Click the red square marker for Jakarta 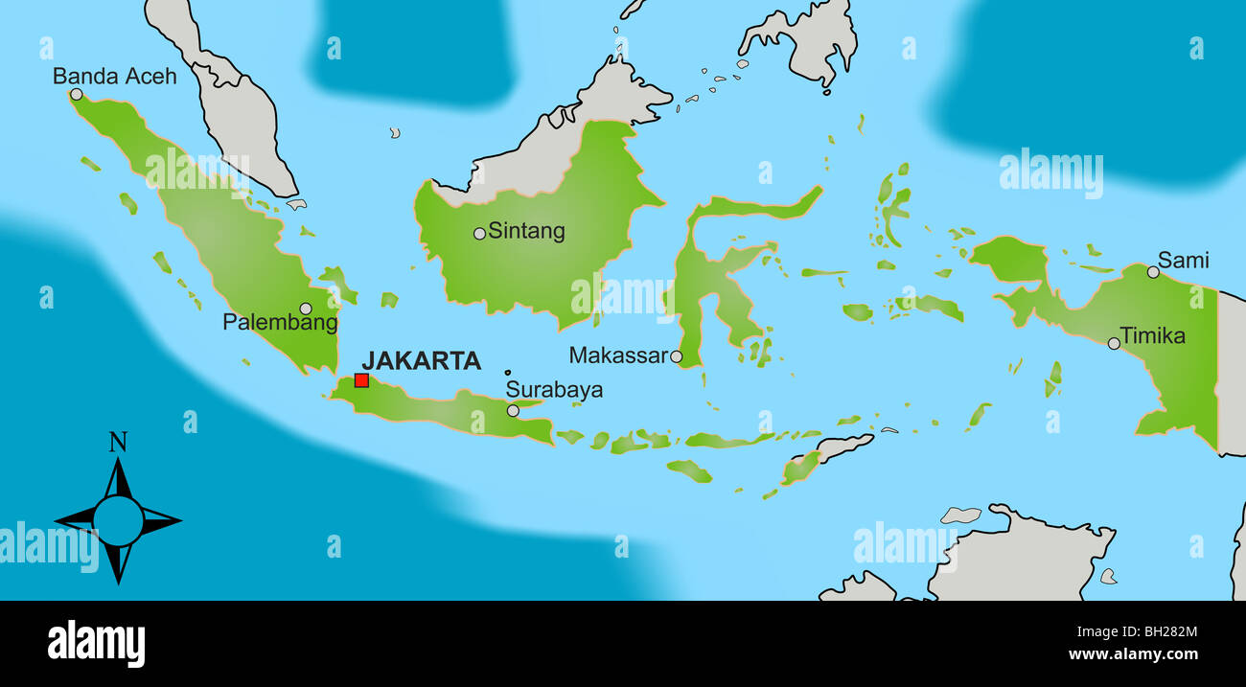pos(361,380)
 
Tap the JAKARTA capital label pos(421,361)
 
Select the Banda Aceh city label pos(114,76)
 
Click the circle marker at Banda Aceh pos(76,94)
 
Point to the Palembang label pos(280,323)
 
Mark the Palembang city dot pos(305,309)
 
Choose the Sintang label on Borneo pos(526,231)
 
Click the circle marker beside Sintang pos(479,233)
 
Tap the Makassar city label pos(617,355)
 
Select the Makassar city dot pos(676,356)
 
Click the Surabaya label pos(554,389)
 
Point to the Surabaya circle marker pos(513,410)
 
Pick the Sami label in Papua pos(1183,260)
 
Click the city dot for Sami pos(1153,272)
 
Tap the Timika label pos(1152,336)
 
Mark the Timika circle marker pos(1114,343)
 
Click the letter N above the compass pos(118,442)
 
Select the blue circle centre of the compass pos(118,521)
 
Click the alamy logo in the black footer pos(96,643)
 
